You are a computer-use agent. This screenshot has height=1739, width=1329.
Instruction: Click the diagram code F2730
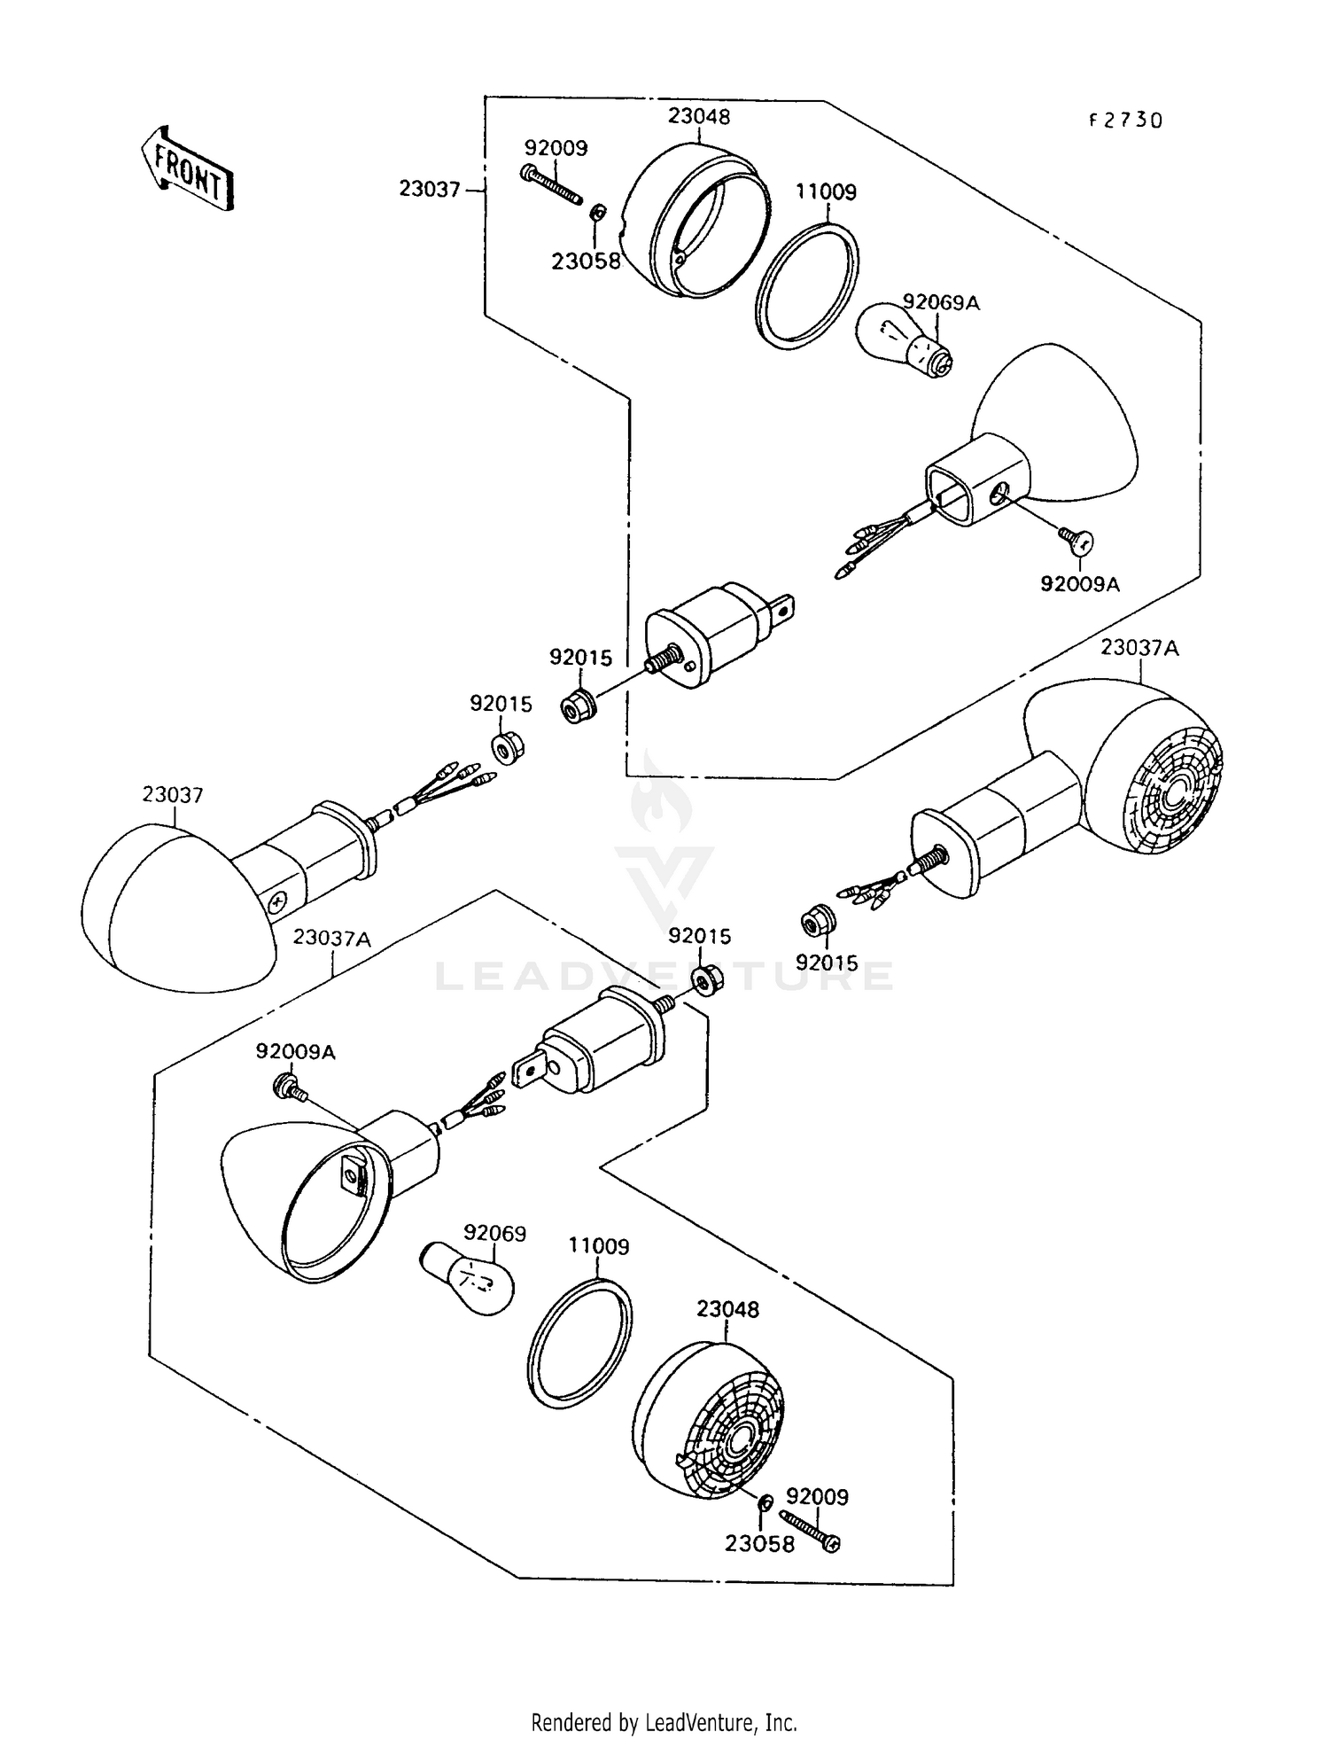click(x=1125, y=121)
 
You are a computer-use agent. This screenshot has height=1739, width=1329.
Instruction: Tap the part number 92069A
click(x=941, y=302)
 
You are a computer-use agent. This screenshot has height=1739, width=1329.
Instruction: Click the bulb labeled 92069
click(x=466, y=1277)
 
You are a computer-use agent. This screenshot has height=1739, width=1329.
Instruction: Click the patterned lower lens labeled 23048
click(x=710, y=1426)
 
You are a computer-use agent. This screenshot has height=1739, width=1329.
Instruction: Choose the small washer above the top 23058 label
click(x=598, y=214)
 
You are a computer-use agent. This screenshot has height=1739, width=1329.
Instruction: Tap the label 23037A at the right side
click(x=1140, y=648)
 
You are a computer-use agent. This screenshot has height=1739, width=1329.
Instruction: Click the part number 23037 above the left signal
click(x=173, y=795)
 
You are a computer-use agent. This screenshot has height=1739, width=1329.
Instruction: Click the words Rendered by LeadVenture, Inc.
click(x=664, y=1722)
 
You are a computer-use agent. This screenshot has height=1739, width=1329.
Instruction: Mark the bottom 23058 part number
click(x=759, y=1543)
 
